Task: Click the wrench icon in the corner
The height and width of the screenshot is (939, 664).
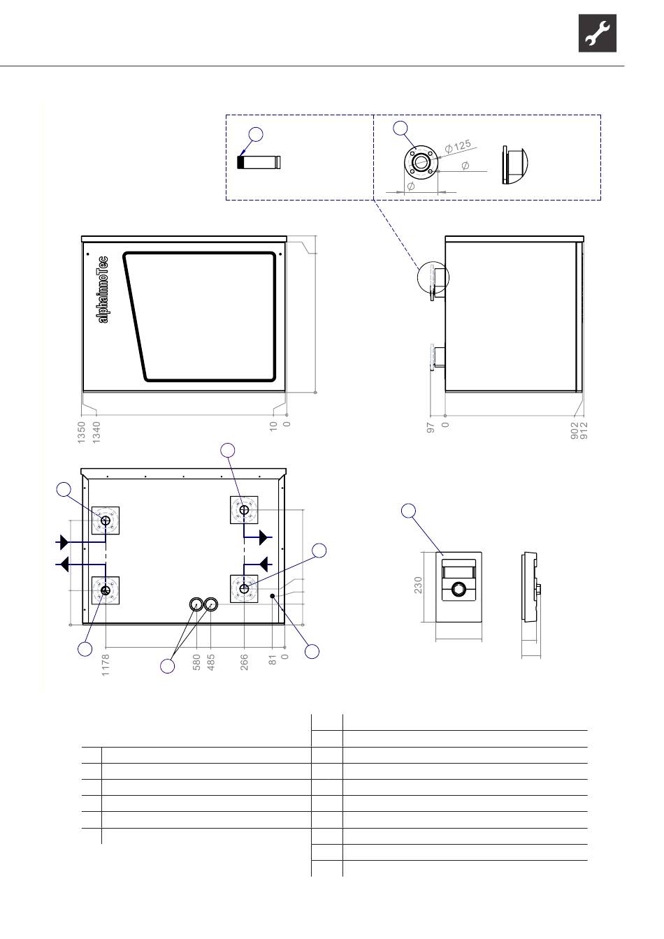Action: [597, 33]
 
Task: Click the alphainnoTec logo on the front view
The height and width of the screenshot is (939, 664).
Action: [103, 290]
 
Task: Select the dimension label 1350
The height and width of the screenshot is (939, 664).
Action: [81, 432]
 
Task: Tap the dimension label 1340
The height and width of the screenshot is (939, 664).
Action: [96, 432]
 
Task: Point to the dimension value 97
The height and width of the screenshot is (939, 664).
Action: [431, 428]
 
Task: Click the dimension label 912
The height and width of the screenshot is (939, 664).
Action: [584, 430]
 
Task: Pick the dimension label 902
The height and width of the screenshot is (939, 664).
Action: [575, 430]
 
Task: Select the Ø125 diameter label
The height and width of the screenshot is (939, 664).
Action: [458, 146]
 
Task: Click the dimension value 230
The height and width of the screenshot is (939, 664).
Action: [418, 585]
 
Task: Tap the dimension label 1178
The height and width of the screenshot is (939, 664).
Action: [106, 665]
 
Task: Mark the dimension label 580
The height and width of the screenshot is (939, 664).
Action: [196, 662]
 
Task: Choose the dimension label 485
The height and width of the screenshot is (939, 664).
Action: [211, 662]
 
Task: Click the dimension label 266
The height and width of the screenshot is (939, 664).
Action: [244, 662]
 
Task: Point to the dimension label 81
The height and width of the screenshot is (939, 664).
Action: [273, 660]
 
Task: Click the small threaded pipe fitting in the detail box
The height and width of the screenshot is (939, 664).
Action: [259, 162]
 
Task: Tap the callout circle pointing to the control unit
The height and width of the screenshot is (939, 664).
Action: [409, 511]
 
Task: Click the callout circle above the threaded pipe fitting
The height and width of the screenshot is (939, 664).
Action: [256, 134]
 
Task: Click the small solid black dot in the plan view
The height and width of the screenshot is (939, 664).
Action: [272, 596]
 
